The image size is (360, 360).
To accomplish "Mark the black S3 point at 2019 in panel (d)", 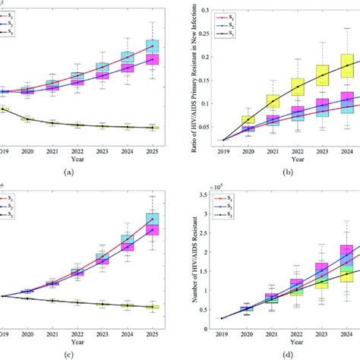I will [225, 319].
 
